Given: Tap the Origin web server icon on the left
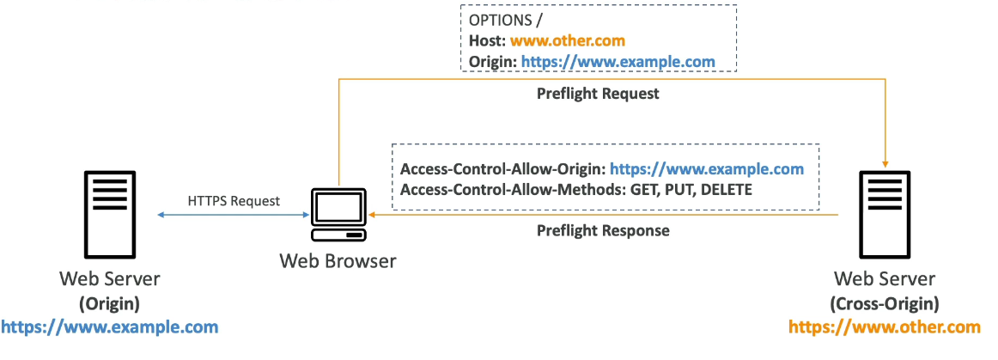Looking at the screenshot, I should point(109,215).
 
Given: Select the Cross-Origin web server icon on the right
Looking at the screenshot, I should point(885,215).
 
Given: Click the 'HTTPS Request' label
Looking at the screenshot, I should point(234,201).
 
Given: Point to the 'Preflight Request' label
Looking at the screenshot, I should point(598,94).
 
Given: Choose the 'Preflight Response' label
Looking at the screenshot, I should point(603,230).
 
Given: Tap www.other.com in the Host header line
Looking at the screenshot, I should point(567,40).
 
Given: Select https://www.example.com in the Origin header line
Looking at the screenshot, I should point(618,62).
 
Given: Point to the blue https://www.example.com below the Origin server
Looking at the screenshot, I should point(109,327).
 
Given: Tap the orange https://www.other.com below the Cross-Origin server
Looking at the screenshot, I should point(885,327).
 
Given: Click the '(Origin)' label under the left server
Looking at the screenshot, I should point(109,303).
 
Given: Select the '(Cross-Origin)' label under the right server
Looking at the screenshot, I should point(885,303).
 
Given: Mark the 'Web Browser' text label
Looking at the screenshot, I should point(338,260).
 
